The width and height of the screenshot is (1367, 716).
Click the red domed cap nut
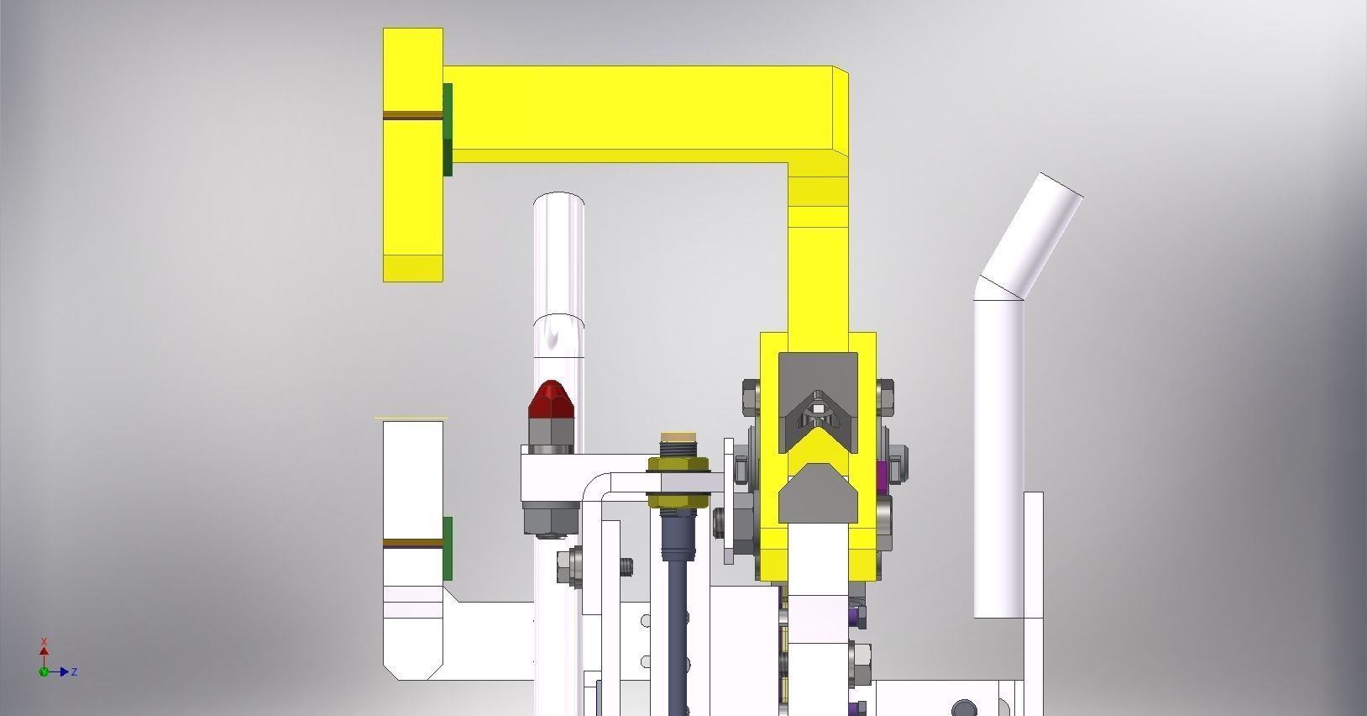click(x=552, y=399)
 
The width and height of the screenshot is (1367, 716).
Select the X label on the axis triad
click(x=44, y=642)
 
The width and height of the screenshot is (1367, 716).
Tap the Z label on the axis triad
click(x=74, y=672)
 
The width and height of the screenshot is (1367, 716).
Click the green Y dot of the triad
click(x=44, y=672)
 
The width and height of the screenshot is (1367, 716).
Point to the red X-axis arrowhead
click(x=44, y=652)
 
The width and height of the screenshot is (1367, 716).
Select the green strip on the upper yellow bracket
click(x=448, y=129)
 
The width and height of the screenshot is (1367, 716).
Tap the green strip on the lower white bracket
click(x=448, y=549)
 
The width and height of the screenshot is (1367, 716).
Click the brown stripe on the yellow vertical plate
click(x=413, y=115)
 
